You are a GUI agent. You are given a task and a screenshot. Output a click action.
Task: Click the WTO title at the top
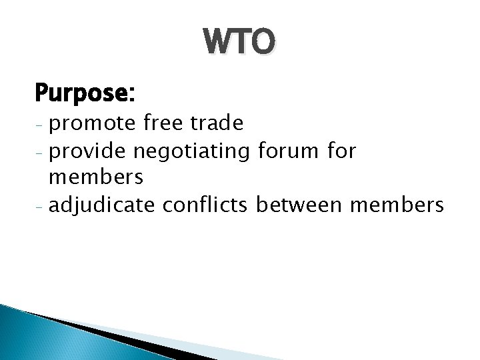tap(239, 43)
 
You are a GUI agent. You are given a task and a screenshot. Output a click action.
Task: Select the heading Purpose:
tap(85, 93)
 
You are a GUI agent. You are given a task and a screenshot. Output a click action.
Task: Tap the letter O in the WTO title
tap(260, 43)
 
